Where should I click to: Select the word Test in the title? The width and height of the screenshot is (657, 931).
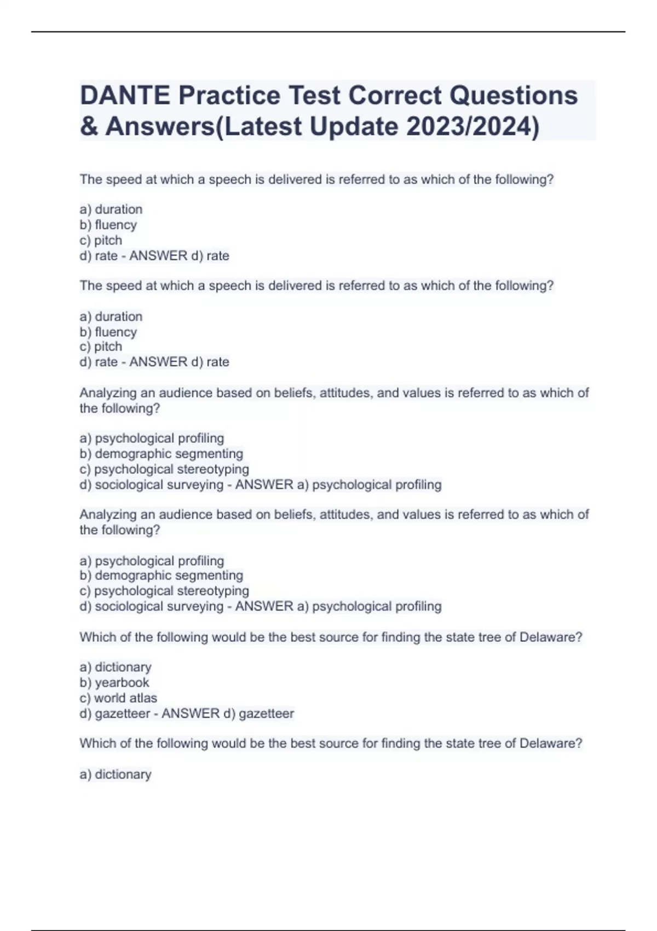[315, 95]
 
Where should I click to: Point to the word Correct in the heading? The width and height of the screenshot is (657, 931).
[395, 95]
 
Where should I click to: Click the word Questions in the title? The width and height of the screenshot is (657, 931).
[514, 95]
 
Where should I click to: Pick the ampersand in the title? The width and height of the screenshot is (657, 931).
[89, 127]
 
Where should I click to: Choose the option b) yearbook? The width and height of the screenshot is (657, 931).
[114, 682]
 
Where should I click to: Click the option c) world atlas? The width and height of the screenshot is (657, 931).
[118, 698]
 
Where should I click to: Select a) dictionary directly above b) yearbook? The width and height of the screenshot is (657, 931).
[116, 667]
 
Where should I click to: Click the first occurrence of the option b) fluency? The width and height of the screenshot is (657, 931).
[108, 225]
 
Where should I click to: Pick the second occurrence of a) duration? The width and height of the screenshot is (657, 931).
[111, 317]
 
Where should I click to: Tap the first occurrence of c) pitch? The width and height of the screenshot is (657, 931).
[101, 240]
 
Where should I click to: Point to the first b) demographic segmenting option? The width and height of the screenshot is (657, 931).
[162, 453]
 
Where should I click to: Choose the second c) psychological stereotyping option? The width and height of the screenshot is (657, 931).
[164, 591]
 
